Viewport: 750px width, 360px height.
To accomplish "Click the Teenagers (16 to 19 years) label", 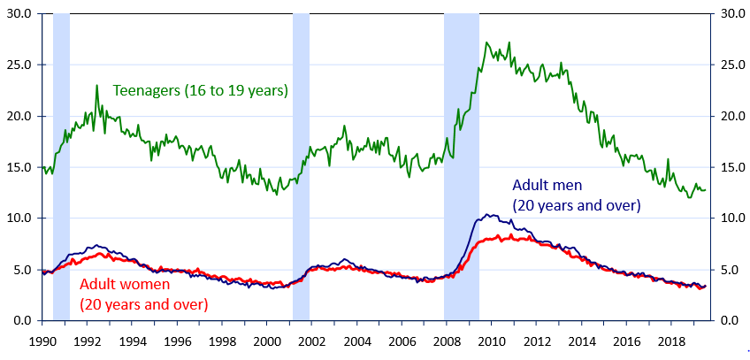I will pyautogui.click(x=201, y=91).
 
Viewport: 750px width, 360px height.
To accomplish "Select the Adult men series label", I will pyautogui.click(x=577, y=195).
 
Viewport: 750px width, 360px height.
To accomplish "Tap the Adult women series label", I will pyautogui.click(x=143, y=295).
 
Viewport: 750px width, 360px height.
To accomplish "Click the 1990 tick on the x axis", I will pyautogui.click(x=42, y=341).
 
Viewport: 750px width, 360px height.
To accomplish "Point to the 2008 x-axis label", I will pyautogui.click(x=447, y=341).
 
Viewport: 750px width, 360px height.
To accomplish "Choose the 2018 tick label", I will pyautogui.click(x=671, y=341).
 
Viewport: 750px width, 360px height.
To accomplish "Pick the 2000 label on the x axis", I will pyautogui.click(x=267, y=341).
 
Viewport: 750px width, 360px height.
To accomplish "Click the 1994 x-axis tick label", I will pyautogui.click(x=133, y=341).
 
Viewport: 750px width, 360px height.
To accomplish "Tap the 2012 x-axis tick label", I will pyautogui.click(x=537, y=341).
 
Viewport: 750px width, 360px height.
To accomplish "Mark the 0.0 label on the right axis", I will pyautogui.click(x=729, y=320).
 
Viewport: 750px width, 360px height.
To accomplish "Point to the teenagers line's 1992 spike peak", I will pyautogui.click(x=96, y=86).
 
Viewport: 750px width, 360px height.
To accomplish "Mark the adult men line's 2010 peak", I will pyautogui.click(x=489, y=214).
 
